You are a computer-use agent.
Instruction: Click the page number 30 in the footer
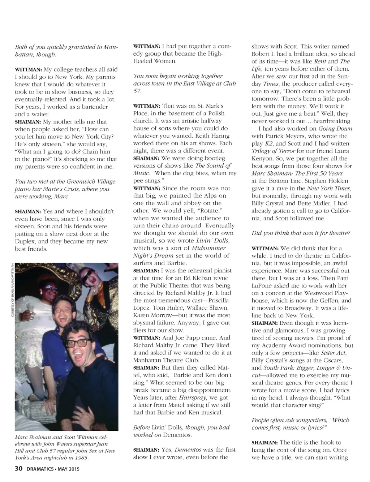coord(18,469)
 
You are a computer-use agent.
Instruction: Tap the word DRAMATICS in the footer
coord(40,469)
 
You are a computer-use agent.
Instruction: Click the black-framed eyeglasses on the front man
coord(77,342)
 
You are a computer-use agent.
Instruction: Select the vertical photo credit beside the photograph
coord(12,289)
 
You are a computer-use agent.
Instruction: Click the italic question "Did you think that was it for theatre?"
coord(301,233)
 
